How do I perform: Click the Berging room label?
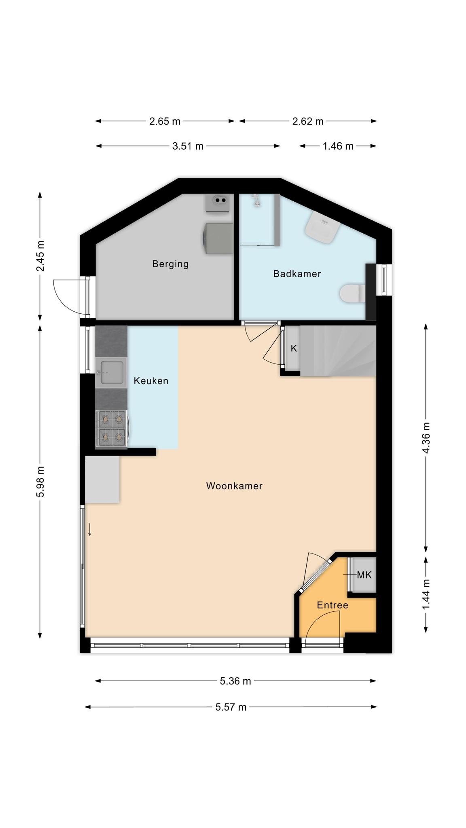click(170, 264)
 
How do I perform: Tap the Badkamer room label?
click(297, 274)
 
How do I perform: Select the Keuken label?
click(151, 381)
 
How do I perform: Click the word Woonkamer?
click(234, 486)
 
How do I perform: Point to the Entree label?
click(333, 605)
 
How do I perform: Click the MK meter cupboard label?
click(364, 575)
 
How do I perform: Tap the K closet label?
click(294, 348)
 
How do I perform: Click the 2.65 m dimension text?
click(165, 121)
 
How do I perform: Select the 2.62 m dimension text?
click(308, 121)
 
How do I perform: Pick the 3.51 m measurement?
click(188, 146)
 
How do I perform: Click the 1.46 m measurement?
click(338, 146)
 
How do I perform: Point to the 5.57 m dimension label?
click(231, 707)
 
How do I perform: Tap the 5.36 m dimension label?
click(235, 681)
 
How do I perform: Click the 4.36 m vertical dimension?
click(426, 438)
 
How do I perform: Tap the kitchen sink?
click(111, 372)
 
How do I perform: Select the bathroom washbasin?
click(322, 227)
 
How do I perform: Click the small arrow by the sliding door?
click(90, 530)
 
